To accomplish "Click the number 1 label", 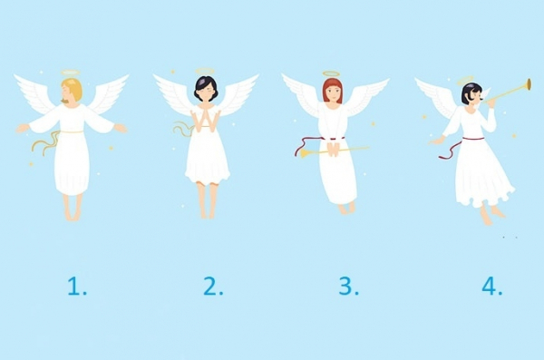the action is pyautogui.click(x=77, y=287).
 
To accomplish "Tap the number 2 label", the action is pyautogui.click(x=213, y=287).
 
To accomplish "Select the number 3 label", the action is pyautogui.click(x=349, y=287).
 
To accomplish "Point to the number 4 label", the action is pyautogui.click(x=492, y=287).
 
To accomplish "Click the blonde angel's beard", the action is pyautogui.click(x=63, y=101).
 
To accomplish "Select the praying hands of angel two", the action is pyautogui.click(x=207, y=119).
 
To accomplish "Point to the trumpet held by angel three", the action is pyautogui.click(x=334, y=151).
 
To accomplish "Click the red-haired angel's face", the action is pyautogui.click(x=333, y=92).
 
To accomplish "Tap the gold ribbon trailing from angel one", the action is pyautogui.click(x=45, y=142).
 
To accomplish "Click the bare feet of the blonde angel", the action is pyautogui.click(x=73, y=215).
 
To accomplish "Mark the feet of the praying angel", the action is pyautogui.click(x=208, y=212).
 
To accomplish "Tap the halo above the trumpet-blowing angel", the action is pyautogui.click(x=465, y=80).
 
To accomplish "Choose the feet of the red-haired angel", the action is pyautogui.click(x=346, y=209).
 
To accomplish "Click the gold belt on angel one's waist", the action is pyautogui.click(x=72, y=131).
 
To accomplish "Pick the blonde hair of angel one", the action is pyautogui.click(x=74, y=89).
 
